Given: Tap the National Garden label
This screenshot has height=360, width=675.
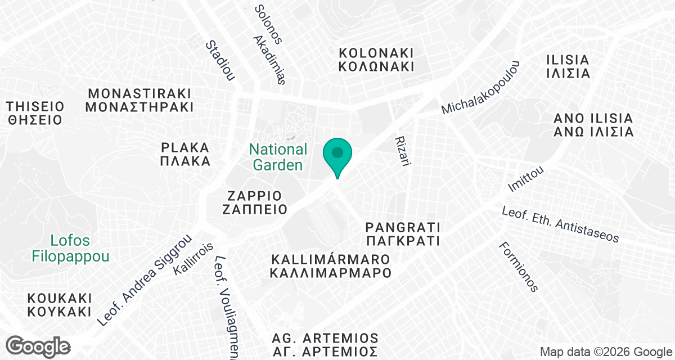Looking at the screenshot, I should pos(278,157).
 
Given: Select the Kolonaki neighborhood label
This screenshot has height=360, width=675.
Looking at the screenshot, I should pos(376,59).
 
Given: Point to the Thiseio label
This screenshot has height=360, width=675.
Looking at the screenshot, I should pos(35,112).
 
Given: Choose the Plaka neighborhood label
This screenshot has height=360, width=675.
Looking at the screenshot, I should pos(185,154).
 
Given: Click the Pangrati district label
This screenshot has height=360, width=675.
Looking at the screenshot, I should pos(402,234).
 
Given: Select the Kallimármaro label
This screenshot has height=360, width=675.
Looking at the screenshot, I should pos(331,267).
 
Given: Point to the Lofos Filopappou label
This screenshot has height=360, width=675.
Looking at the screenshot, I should pos(70,248).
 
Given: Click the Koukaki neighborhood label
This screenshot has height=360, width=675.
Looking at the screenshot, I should pos(59,304).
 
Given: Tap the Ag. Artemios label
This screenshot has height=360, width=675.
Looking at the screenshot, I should pos(325,345).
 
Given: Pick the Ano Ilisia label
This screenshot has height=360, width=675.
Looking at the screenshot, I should pos(593,125).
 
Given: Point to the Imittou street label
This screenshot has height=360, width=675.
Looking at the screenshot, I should pos(525,177).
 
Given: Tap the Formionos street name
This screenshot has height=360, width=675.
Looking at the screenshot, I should pos(518,267).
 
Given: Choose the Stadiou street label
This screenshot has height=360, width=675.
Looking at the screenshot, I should pos(220,60).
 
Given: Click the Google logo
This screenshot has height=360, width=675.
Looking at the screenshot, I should pos(39,346).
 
